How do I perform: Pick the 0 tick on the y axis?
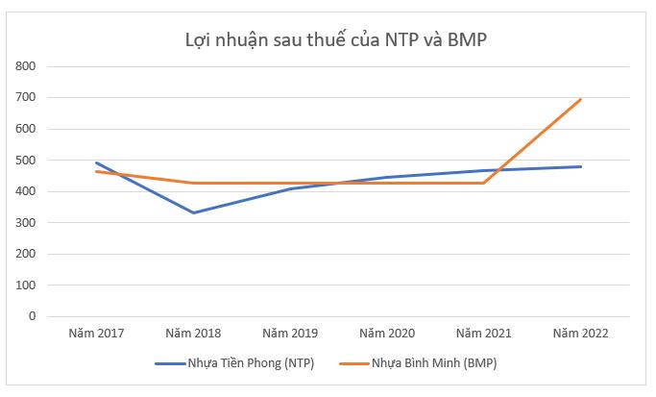[x=31, y=316]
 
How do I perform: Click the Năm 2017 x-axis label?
[x=96, y=334]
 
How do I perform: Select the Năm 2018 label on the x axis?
[x=193, y=334]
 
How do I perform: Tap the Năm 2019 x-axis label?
[x=290, y=334]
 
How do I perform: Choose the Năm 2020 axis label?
[x=387, y=334]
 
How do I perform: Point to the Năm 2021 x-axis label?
[x=484, y=334]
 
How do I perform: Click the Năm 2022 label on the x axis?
[x=581, y=334]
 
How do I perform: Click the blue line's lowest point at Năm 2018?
[x=193, y=212]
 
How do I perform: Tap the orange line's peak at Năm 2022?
[x=581, y=99]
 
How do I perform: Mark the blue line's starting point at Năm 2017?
[x=96, y=162]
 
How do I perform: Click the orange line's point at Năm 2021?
[x=484, y=183]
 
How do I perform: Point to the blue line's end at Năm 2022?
[x=581, y=166]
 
